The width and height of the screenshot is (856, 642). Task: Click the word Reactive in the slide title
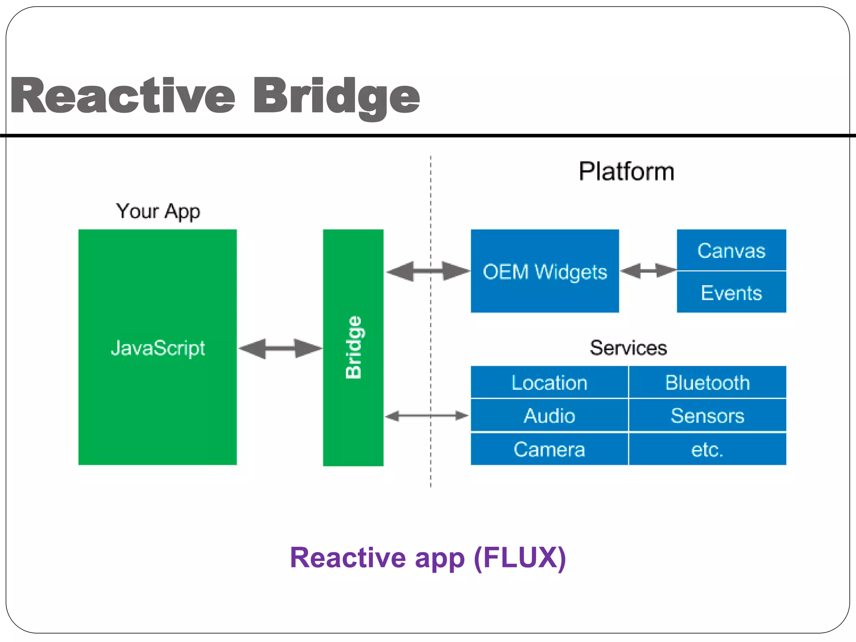(122, 96)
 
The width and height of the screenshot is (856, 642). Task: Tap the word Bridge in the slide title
(336, 97)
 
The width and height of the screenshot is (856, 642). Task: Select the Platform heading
(626, 171)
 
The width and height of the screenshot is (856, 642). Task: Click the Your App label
(158, 211)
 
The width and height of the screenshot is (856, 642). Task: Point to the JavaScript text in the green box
(158, 348)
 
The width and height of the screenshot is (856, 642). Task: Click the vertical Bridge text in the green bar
(354, 348)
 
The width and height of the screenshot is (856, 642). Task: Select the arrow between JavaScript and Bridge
(280, 348)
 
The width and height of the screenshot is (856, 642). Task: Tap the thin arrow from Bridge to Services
(426, 415)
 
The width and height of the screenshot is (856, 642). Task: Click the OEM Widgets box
(545, 272)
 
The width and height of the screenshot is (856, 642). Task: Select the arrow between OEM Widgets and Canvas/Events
(648, 271)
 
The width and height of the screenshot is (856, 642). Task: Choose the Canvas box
(731, 250)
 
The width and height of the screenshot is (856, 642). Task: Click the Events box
(731, 293)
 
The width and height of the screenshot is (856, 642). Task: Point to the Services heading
(628, 348)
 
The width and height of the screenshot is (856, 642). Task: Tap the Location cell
(549, 382)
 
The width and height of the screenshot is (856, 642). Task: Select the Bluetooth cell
(707, 382)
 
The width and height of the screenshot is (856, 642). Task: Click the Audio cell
(549, 415)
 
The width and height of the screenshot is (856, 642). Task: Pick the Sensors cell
(707, 415)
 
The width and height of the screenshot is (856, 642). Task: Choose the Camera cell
(549, 449)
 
